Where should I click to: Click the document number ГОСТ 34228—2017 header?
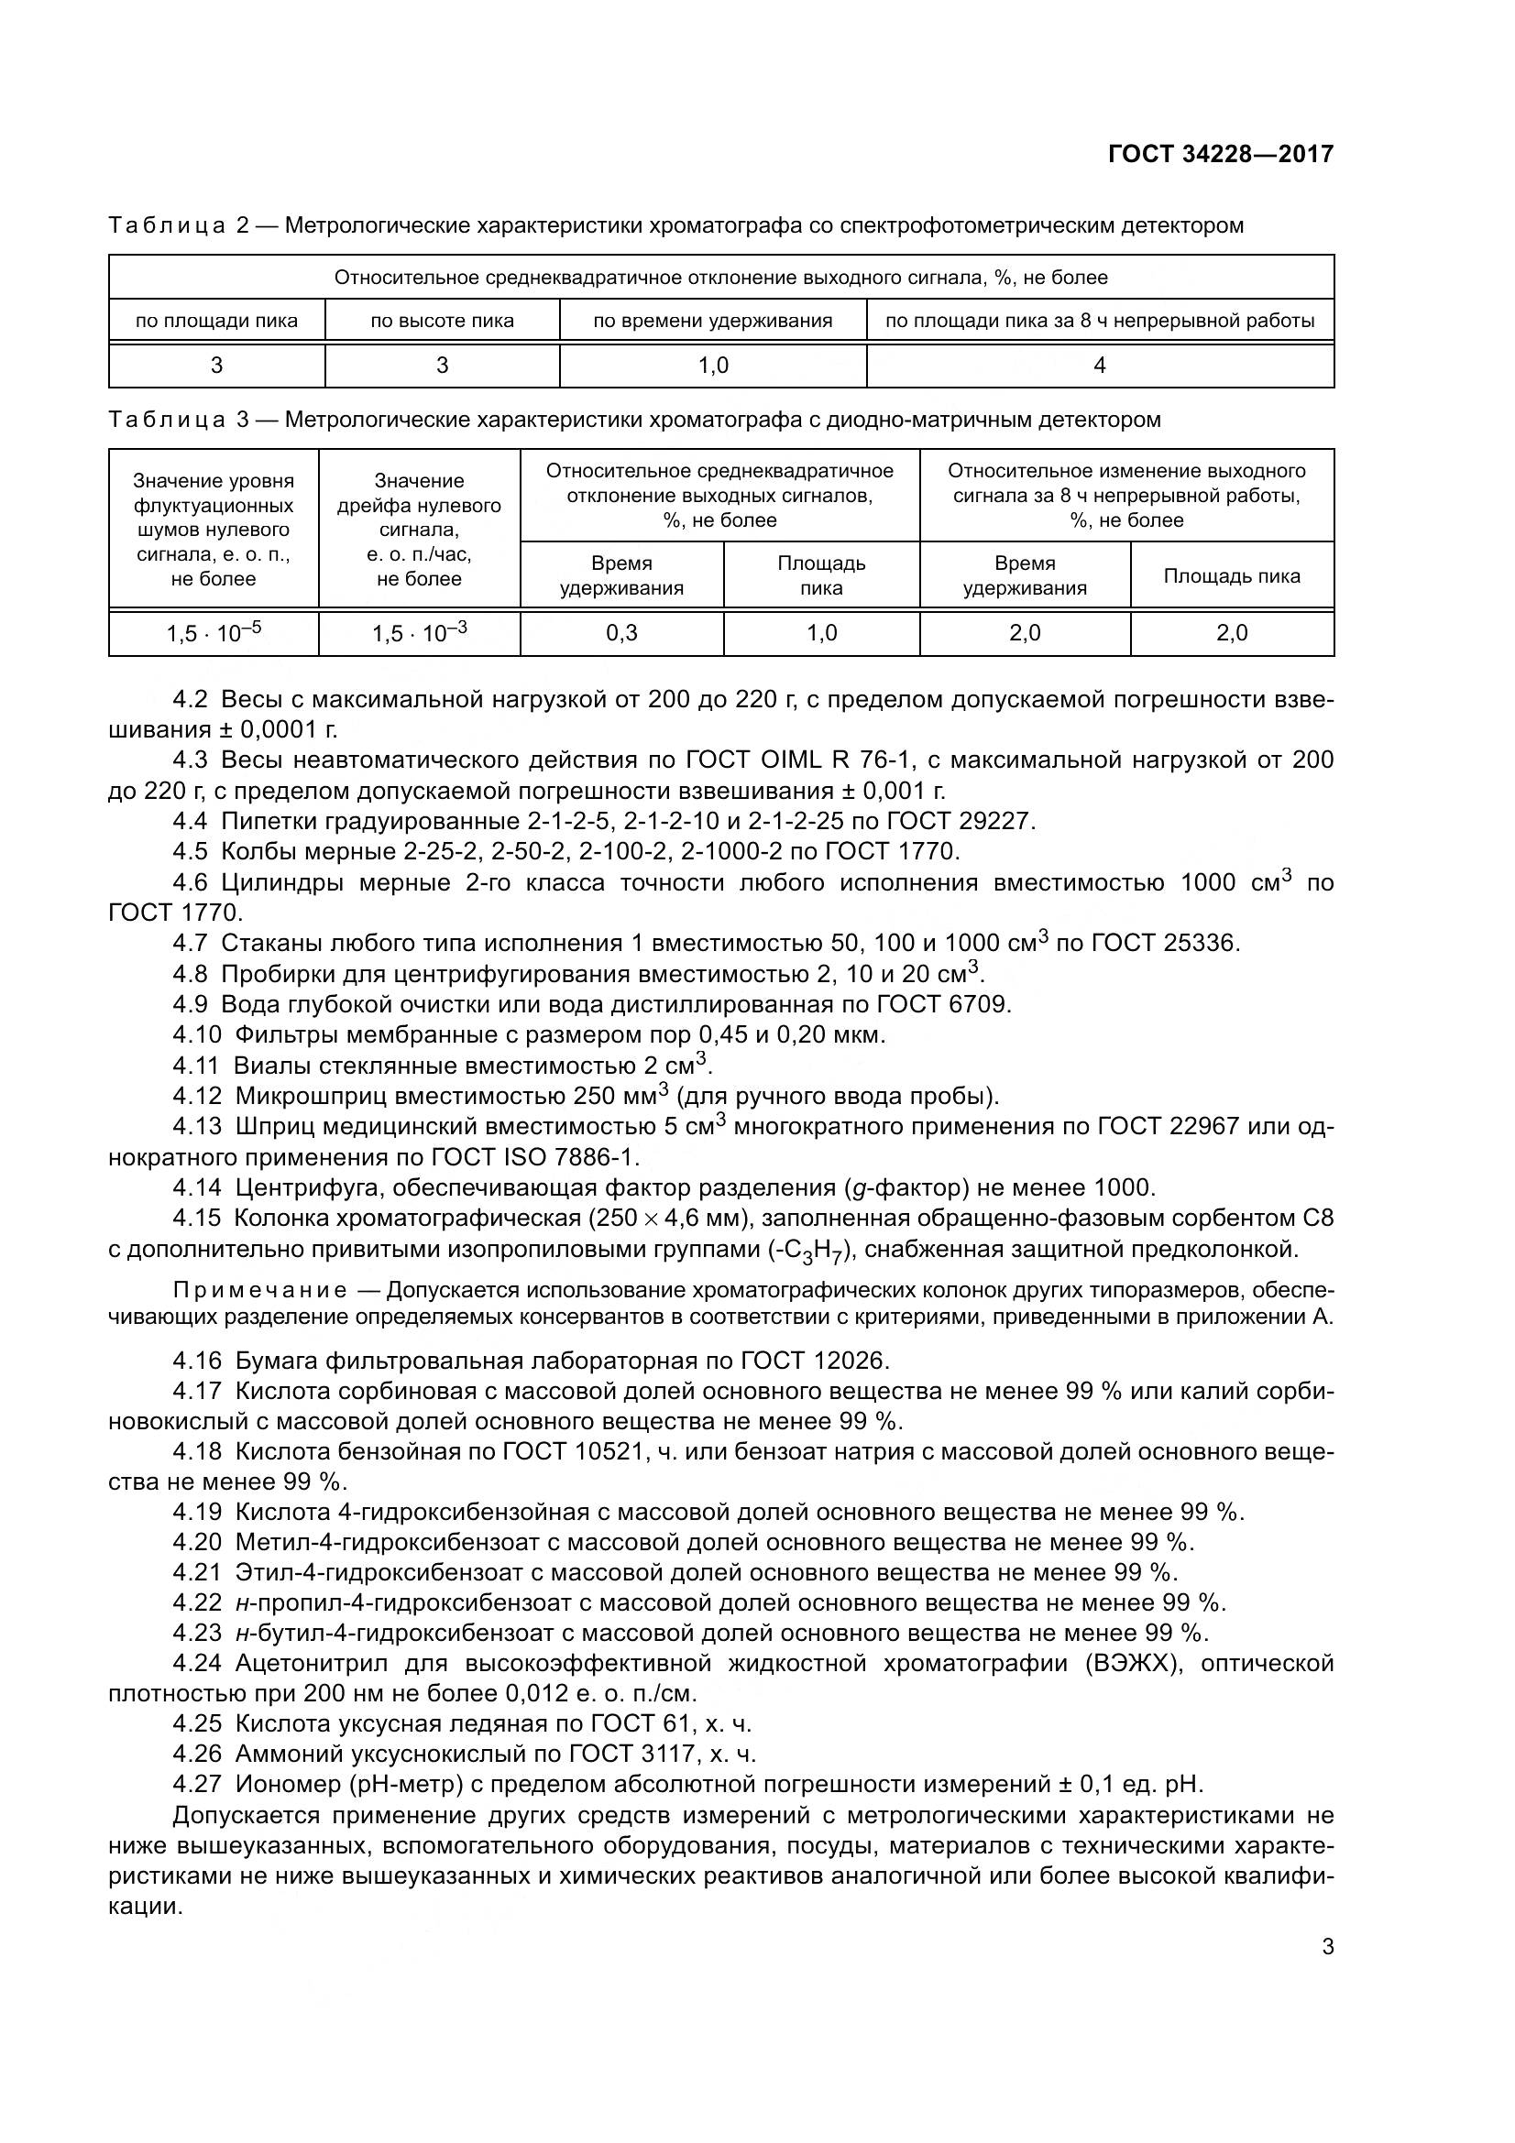(1220, 154)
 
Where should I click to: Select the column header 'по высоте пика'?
(442, 321)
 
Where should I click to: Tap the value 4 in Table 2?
(1099, 366)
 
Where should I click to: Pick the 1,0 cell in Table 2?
(713, 366)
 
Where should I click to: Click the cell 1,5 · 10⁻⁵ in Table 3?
(214, 633)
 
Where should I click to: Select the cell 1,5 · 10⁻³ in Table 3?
(419, 633)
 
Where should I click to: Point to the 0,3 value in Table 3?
(621, 633)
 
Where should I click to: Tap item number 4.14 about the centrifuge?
(197, 1188)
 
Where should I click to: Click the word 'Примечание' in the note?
(259, 1291)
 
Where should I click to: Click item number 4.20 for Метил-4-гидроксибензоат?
(197, 1542)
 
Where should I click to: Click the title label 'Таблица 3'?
(179, 420)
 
